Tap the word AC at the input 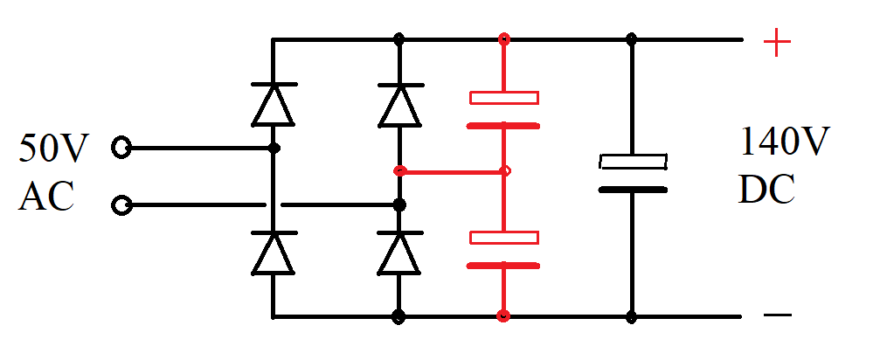pyautogui.click(x=45, y=198)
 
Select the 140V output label pyautogui.click(x=785, y=142)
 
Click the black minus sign pyautogui.click(x=777, y=315)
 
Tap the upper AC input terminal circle pyautogui.click(x=122, y=149)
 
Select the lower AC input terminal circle pyautogui.click(x=122, y=206)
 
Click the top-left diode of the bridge pyautogui.click(x=273, y=104)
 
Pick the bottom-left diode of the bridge pyautogui.click(x=273, y=253)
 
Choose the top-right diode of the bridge pyautogui.click(x=400, y=104)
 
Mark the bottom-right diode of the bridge pyautogui.click(x=400, y=253)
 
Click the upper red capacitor pyautogui.click(x=503, y=111)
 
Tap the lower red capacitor pyautogui.click(x=503, y=251)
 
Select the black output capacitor pyautogui.click(x=632, y=175)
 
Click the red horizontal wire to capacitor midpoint pyautogui.click(x=451, y=171)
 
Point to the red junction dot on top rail pyautogui.click(x=503, y=39)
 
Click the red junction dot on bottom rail pyautogui.click(x=503, y=315)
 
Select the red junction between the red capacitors pyautogui.click(x=504, y=171)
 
